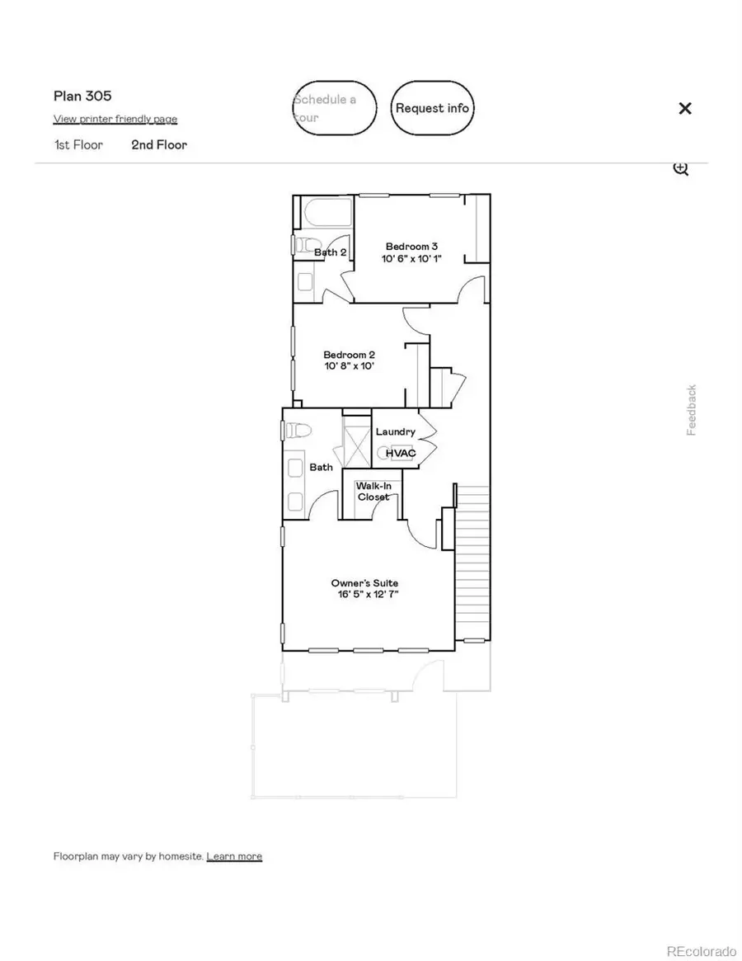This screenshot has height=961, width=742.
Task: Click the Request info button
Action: (432, 108)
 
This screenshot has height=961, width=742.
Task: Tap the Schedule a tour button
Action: (335, 108)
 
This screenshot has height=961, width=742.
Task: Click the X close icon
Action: (684, 108)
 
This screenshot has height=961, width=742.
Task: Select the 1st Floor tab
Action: (78, 144)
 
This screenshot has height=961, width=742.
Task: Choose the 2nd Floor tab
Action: (159, 144)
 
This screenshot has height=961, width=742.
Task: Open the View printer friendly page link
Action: (115, 119)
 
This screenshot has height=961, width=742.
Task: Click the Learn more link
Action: (234, 856)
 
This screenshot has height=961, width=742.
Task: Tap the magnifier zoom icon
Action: (680, 169)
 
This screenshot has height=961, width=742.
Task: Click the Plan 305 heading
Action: (82, 96)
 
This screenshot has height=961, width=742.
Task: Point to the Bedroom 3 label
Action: (411, 246)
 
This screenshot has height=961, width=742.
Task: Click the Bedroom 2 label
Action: (350, 355)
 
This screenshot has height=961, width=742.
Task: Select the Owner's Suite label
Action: (367, 582)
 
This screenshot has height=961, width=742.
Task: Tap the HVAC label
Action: (401, 453)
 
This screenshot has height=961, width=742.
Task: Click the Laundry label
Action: (395, 431)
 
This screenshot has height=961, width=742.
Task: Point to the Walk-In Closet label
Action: (373, 492)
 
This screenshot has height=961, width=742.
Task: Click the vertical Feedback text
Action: (692, 410)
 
